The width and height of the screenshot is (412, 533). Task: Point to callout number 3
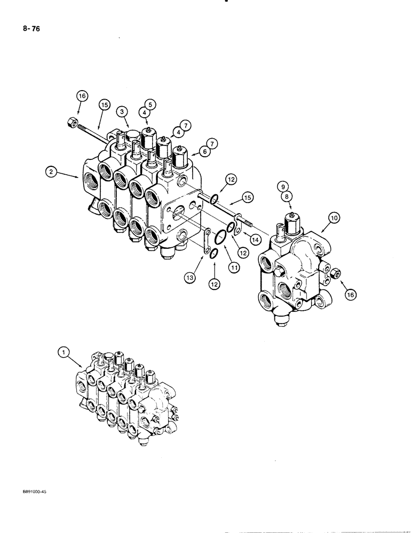tap(122, 111)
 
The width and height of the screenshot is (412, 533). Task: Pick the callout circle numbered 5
tap(148, 103)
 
